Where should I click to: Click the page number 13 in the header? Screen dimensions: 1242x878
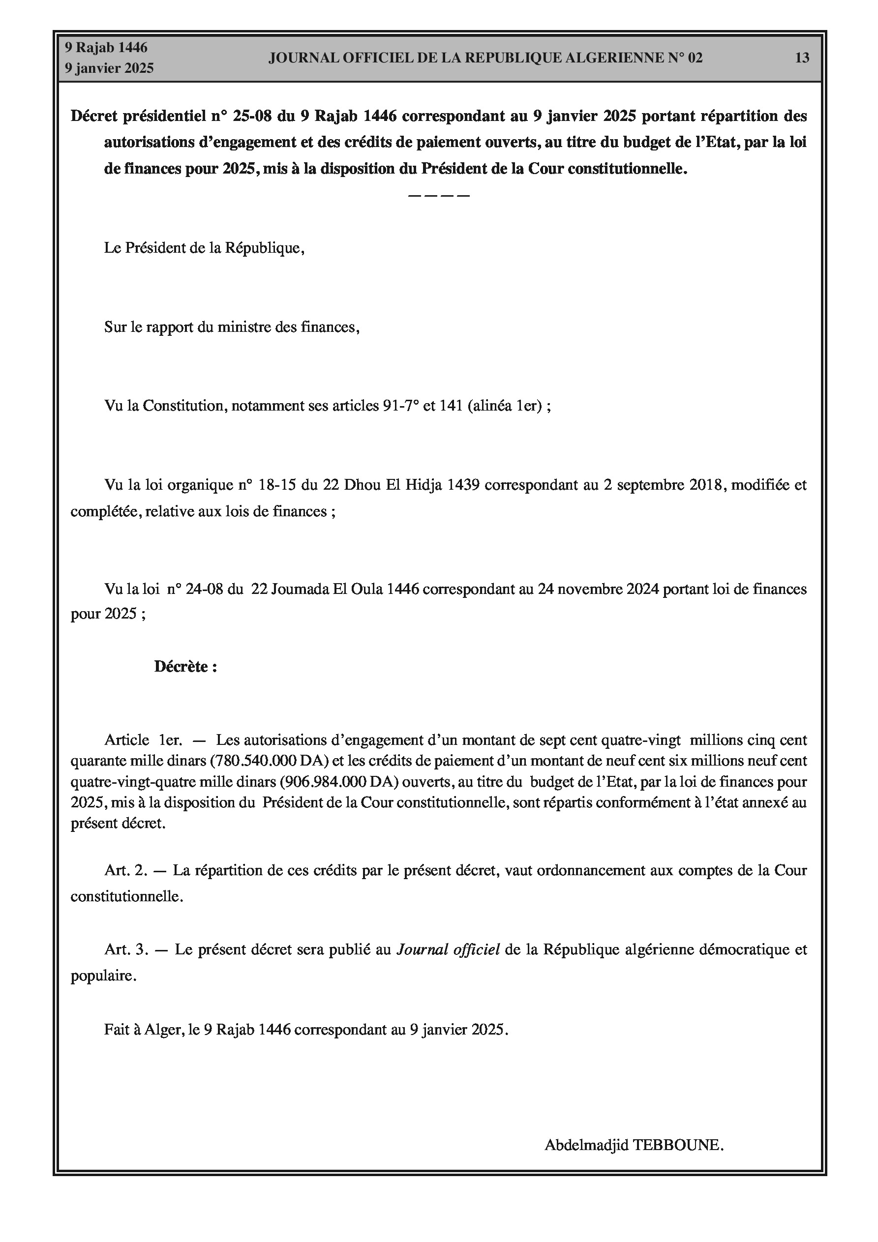[802, 58]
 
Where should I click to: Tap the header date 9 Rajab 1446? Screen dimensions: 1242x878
[106, 48]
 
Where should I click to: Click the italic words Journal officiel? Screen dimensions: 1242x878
[448, 949]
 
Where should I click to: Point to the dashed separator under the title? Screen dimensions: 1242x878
[438, 195]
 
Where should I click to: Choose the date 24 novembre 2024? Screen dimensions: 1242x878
[598, 589]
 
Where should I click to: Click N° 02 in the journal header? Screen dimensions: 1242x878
[685, 58]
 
